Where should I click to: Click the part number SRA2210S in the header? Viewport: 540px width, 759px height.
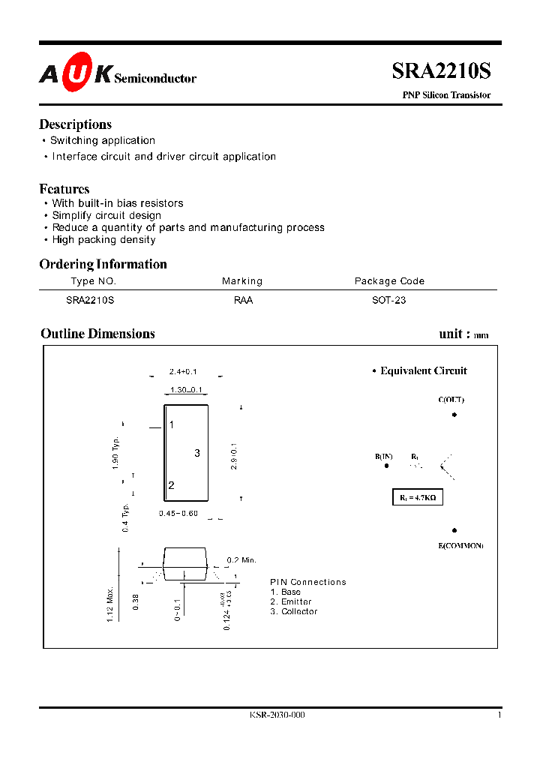coord(441,71)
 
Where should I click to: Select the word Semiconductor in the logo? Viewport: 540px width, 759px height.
coord(156,78)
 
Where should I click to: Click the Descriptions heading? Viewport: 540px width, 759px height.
coord(75,124)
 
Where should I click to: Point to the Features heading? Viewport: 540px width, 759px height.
coord(64,189)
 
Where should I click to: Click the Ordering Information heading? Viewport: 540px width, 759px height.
coord(103,264)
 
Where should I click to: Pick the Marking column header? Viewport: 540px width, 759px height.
coord(242,281)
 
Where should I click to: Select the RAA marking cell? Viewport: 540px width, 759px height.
coord(243,300)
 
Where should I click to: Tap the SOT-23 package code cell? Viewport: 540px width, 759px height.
coord(389,300)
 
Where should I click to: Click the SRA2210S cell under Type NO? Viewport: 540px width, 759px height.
coord(90,300)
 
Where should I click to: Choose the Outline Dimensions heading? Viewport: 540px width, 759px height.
coord(97,334)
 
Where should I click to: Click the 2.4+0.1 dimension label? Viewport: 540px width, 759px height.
coord(184,372)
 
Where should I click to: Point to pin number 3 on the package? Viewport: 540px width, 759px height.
coord(197,453)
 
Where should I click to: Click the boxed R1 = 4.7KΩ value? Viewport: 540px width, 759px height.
coord(418,497)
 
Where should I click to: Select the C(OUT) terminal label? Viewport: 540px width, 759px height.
coord(451,400)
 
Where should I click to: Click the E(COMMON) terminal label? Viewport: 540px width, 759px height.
coord(460,545)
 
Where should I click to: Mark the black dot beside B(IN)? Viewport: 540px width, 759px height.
coord(387,466)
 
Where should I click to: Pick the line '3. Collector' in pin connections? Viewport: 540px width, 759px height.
coord(294,612)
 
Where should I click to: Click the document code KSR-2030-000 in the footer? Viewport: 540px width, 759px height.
coord(277,715)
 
